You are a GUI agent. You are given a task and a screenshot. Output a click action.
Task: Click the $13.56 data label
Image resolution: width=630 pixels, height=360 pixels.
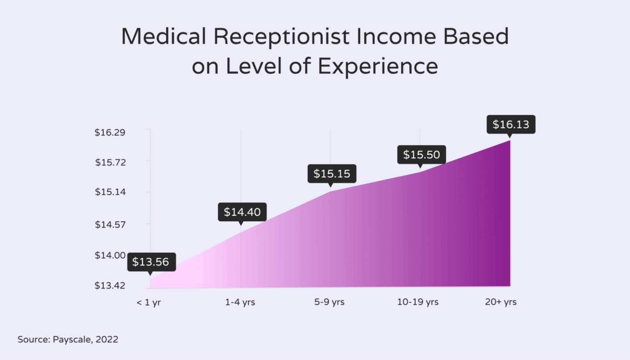tap(151, 262)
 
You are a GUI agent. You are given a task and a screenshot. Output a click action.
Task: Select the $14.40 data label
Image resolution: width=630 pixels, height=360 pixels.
tap(242, 212)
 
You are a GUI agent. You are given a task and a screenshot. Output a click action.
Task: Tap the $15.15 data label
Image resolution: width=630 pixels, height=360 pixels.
tap(332, 174)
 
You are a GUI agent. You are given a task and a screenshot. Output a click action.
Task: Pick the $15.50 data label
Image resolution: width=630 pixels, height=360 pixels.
tap(421, 155)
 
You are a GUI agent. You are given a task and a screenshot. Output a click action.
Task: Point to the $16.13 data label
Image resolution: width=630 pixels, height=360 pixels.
tap(511, 124)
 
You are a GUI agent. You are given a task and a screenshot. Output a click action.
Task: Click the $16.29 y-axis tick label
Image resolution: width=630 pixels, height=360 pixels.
tap(110, 132)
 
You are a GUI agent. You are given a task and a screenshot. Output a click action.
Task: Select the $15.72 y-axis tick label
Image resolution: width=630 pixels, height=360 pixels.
tap(110, 162)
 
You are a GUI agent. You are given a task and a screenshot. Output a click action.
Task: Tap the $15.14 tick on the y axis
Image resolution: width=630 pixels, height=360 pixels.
tap(110, 192)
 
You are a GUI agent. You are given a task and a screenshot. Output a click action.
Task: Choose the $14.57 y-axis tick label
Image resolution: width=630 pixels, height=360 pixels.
tap(110, 225)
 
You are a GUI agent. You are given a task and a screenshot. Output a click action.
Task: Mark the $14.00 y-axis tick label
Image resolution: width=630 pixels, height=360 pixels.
tap(110, 255)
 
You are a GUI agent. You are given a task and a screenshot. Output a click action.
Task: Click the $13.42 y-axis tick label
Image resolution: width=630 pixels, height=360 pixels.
tap(110, 285)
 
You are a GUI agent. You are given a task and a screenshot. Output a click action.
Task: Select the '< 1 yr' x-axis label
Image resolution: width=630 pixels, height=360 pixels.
tap(148, 303)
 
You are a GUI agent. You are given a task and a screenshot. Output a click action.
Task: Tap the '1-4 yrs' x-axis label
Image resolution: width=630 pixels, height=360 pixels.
tap(240, 302)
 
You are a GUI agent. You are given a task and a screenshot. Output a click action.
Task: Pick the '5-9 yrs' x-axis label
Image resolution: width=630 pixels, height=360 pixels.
tap(329, 302)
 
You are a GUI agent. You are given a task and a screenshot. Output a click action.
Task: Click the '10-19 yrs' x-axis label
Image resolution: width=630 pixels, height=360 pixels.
tap(418, 302)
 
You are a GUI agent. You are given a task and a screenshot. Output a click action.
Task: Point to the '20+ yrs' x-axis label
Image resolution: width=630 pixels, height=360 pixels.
tap(501, 302)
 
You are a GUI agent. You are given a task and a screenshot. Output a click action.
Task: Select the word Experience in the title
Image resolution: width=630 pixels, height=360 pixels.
tap(378, 66)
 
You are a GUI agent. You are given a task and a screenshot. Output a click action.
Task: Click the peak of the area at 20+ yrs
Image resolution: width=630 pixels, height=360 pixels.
tap(510, 141)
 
